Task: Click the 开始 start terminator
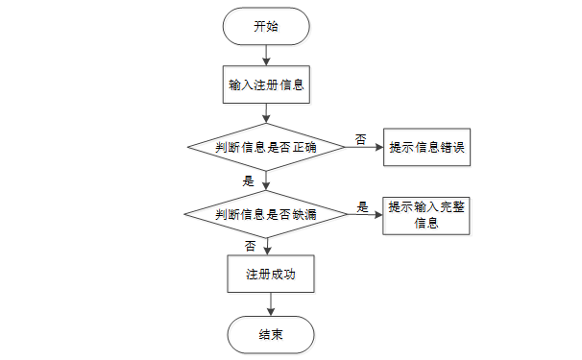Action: [266, 26]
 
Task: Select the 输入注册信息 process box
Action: [266, 84]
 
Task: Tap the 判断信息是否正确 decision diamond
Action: [266, 147]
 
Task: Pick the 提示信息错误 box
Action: [426, 147]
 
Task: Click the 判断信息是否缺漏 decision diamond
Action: [266, 214]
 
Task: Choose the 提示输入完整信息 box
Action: [426, 216]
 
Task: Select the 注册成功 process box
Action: [271, 274]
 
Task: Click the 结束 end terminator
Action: [271, 335]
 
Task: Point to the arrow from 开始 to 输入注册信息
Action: [266, 56]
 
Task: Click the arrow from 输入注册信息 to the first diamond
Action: [266, 113]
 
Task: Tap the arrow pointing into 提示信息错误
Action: [364, 147]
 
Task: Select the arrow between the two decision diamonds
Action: [266, 180]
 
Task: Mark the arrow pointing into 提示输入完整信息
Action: [365, 214]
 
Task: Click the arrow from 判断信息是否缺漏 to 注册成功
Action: [267, 247]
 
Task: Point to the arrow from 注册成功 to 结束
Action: [271, 304]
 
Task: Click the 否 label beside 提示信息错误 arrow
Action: [361, 139]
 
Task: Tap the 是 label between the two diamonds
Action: [249, 181]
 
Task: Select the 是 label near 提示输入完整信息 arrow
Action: [363, 206]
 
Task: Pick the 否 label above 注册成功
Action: [250, 246]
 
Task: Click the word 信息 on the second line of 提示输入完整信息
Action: [426, 224]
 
